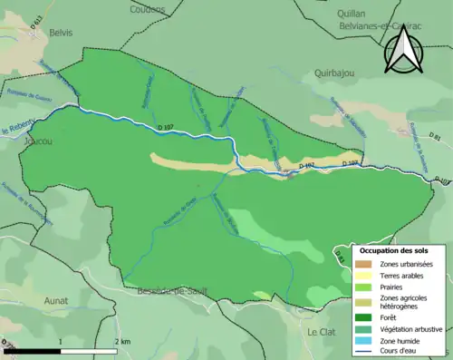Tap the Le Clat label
(x=321, y=332)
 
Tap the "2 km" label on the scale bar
(x=122, y=341)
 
